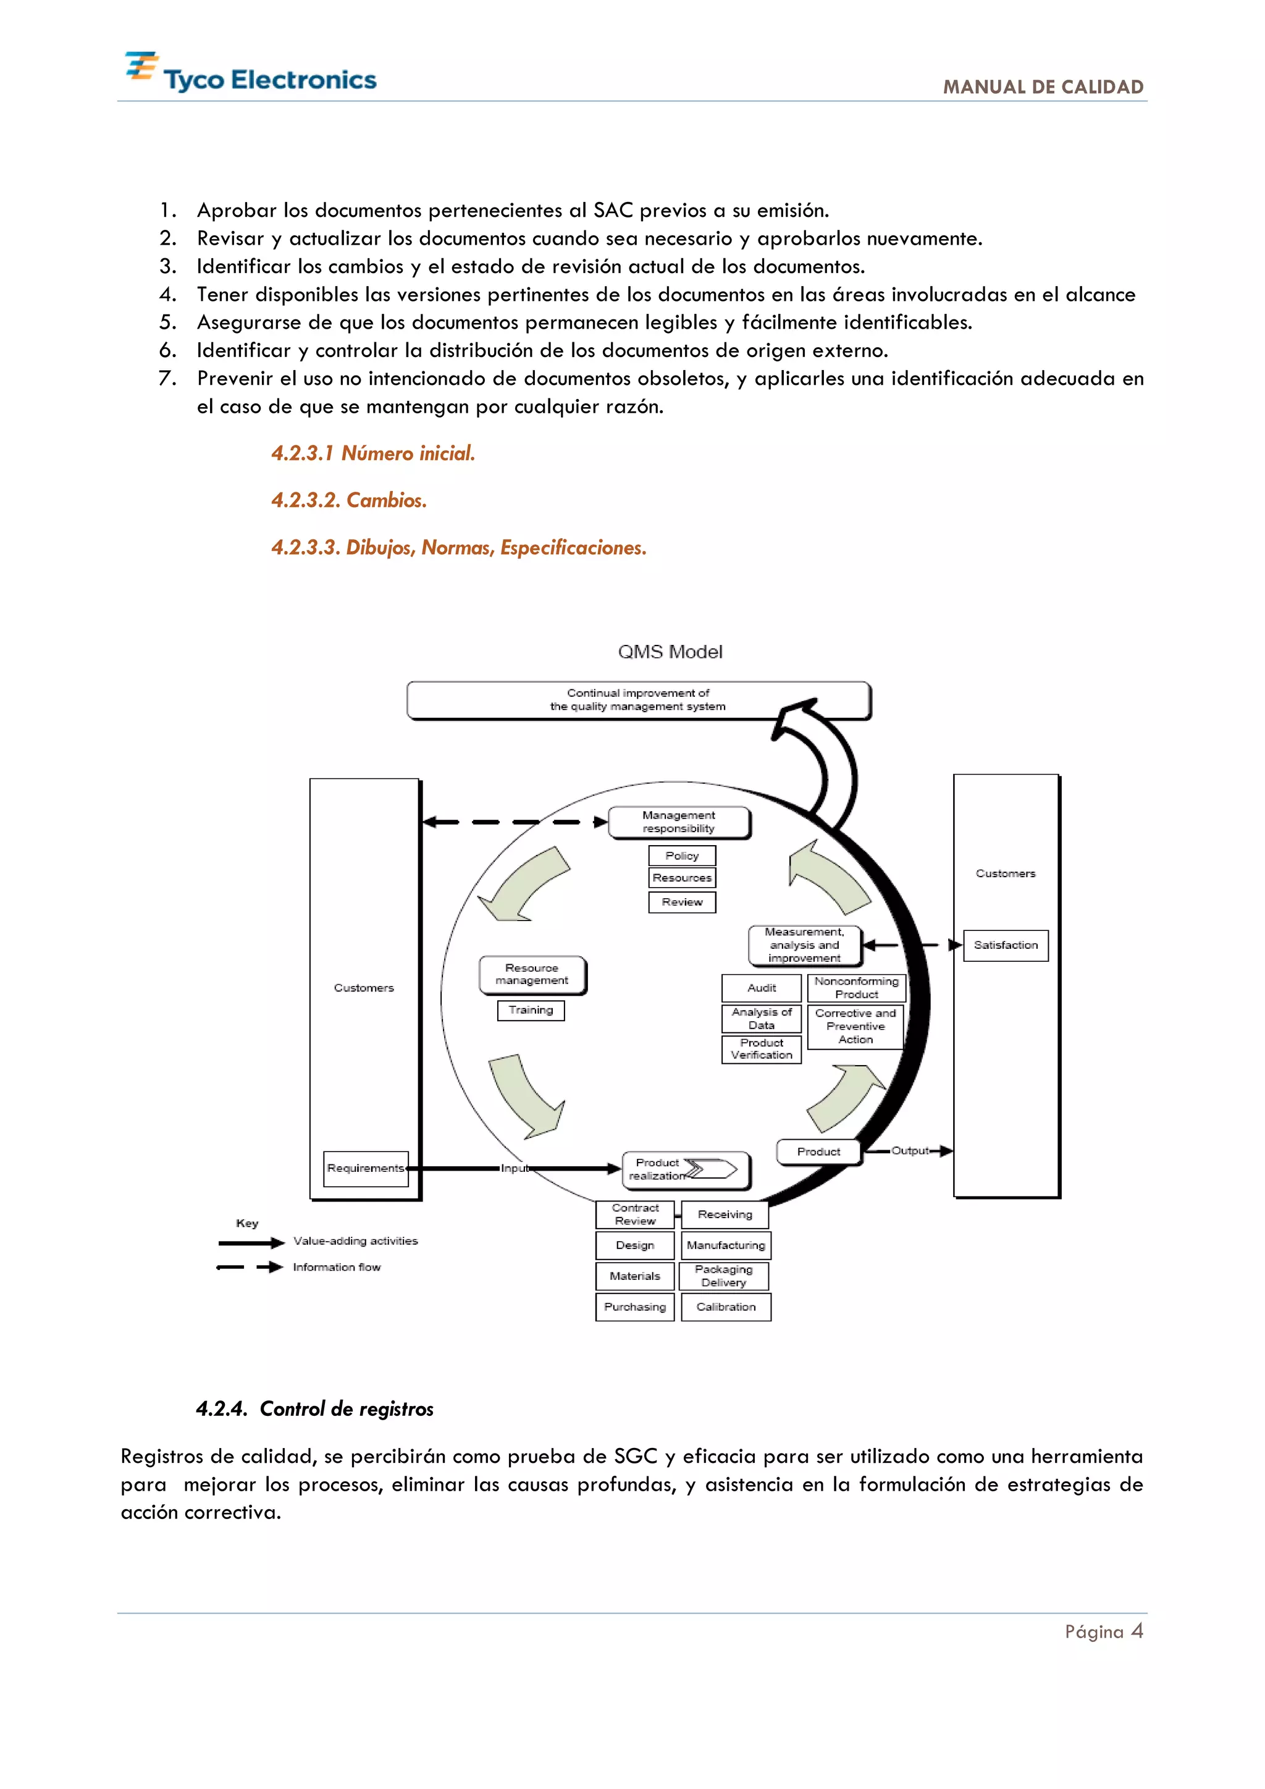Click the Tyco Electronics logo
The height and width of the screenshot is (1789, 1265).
(250, 74)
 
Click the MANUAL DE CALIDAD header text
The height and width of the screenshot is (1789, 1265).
(1043, 86)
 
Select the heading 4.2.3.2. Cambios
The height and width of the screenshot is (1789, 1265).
(349, 500)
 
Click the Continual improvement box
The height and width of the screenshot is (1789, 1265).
(638, 700)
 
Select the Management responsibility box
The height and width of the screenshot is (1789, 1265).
(678, 822)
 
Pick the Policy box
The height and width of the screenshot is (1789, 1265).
(681, 856)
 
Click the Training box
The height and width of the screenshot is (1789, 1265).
(531, 1010)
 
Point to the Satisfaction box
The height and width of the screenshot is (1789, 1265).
(1006, 945)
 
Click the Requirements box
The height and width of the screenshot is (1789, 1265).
(365, 1168)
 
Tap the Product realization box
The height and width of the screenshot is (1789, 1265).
(686, 1169)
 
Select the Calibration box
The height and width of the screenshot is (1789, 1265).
(726, 1307)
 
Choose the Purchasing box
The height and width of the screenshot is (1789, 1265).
(635, 1307)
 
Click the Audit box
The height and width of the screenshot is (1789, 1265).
(761, 988)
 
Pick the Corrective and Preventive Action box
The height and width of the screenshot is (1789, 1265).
(855, 1026)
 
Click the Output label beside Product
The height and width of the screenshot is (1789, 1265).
(910, 1151)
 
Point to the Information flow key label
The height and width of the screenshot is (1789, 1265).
(337, 1267)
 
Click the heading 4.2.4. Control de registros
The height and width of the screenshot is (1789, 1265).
(314, 1408)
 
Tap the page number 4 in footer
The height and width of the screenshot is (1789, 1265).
(1137, 1631)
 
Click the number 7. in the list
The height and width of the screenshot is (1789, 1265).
(167, 379)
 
